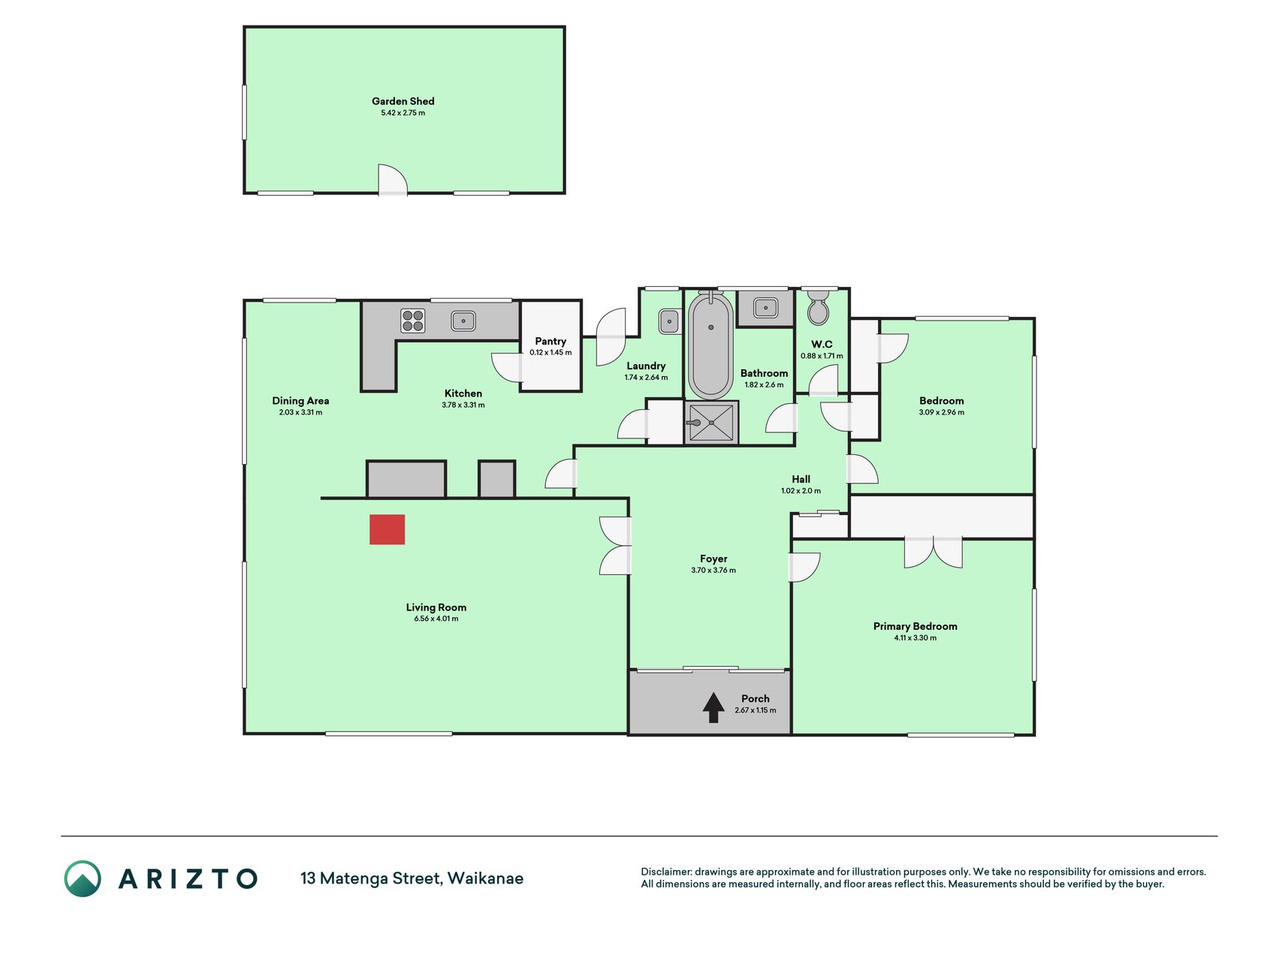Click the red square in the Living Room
(387, 529)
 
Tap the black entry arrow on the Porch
(713, 707)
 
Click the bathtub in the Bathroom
(710, 345)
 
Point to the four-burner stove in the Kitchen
(413, 321)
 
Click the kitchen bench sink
(463, 321)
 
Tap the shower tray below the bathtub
(711, 423)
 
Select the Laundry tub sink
(668, 322)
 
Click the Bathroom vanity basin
(765, 307)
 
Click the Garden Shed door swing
(392, 179)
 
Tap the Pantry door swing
(506, 367)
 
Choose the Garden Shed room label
(403, 101)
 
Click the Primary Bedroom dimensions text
(915, 638)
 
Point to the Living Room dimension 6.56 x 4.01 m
(436, 619)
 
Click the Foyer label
(713, 559)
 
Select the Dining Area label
(300, 401)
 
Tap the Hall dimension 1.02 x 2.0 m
(801, 491)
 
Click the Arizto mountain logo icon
(83, 878)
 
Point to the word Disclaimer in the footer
(666, 872)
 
